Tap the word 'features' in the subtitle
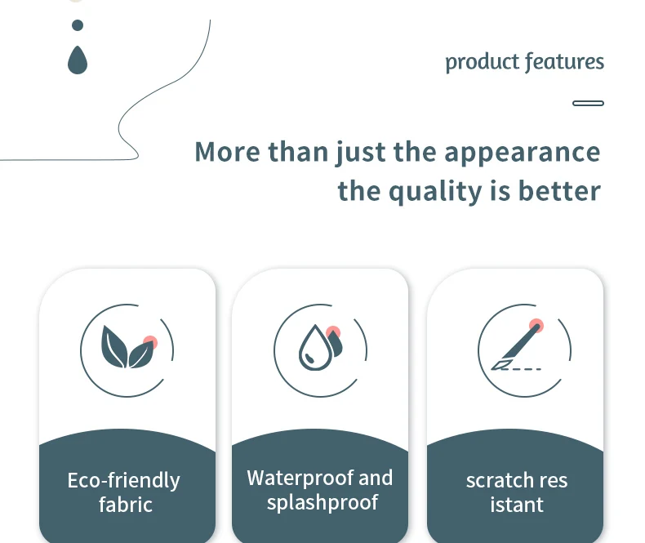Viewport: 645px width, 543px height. (565, 62)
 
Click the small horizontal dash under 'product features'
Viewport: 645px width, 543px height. (588, 103)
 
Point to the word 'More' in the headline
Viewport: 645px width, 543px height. (227, 151)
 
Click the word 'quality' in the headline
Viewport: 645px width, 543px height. (435, 192)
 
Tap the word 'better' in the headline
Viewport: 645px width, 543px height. (559, 190)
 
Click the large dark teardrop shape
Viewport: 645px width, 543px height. (78, 60)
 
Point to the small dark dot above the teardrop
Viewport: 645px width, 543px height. (78, 25)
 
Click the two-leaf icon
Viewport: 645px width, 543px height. (127, 347)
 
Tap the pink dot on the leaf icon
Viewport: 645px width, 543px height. (150, 342)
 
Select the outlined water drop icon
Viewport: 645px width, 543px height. (315, 348)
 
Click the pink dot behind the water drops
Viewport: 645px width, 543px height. (333, 332)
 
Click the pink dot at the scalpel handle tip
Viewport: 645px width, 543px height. (536, 326)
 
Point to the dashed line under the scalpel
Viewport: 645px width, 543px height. (521, 369)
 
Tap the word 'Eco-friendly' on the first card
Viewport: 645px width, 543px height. (124, 480)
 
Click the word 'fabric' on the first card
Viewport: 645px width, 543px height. (126, 505)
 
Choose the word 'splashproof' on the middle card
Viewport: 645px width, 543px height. (322, 502)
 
